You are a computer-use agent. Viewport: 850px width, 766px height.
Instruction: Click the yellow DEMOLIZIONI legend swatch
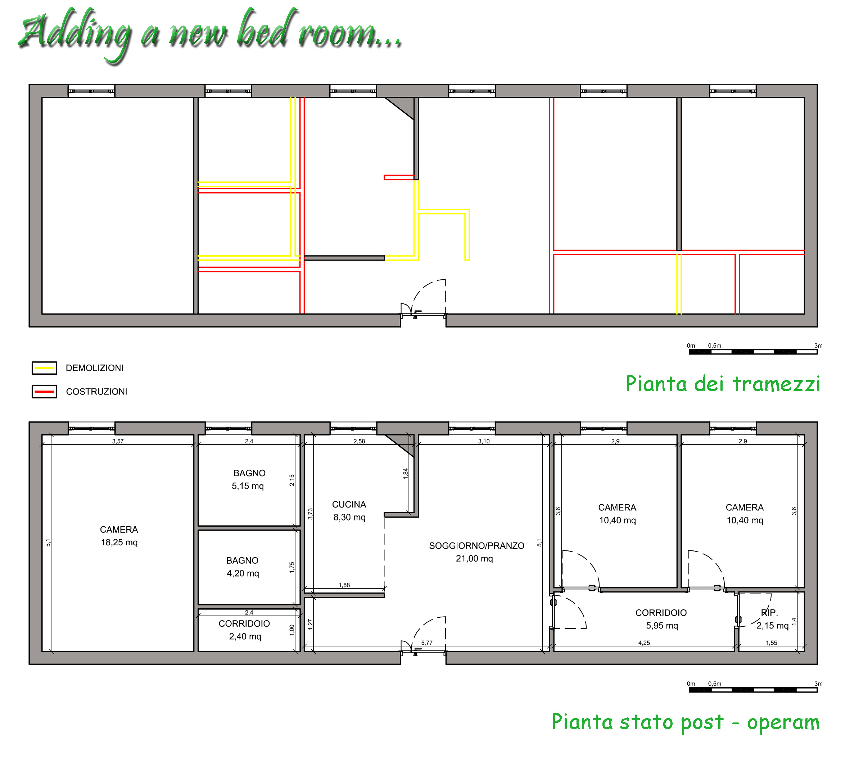coord(44,368)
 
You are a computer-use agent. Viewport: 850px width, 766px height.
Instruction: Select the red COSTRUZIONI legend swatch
coord(44,391)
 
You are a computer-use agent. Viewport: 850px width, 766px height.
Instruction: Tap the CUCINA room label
coord(349,504)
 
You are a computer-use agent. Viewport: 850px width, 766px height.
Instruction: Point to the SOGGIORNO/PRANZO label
coord(476,545)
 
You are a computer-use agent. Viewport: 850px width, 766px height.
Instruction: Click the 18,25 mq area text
coord(119,542)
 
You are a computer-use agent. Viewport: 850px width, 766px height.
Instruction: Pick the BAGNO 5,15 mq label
coord(248,479)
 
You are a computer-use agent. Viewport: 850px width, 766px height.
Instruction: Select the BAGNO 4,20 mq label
coord(243,567)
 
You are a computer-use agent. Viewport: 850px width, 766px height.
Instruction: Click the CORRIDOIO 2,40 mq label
coord(244,630)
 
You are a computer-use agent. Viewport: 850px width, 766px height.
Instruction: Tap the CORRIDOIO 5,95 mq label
coord(661,619)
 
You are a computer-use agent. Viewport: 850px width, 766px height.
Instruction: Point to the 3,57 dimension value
coord(118,441)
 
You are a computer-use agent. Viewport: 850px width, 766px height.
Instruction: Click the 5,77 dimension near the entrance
coord(427,643)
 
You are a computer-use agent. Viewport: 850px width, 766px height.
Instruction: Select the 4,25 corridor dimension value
coord(644,643)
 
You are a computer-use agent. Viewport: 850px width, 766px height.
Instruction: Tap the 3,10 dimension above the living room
coord(484,441)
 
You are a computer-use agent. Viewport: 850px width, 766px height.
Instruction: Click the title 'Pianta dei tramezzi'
coord(723,383)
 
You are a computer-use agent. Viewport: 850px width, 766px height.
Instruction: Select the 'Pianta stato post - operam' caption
coord(686,721)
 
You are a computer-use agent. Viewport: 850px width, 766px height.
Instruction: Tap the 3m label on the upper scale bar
coord(818,346)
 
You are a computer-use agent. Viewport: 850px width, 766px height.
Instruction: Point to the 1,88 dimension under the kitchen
coord(344,585)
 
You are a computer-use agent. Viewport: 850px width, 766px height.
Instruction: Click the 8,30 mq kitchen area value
coord(349,517)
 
